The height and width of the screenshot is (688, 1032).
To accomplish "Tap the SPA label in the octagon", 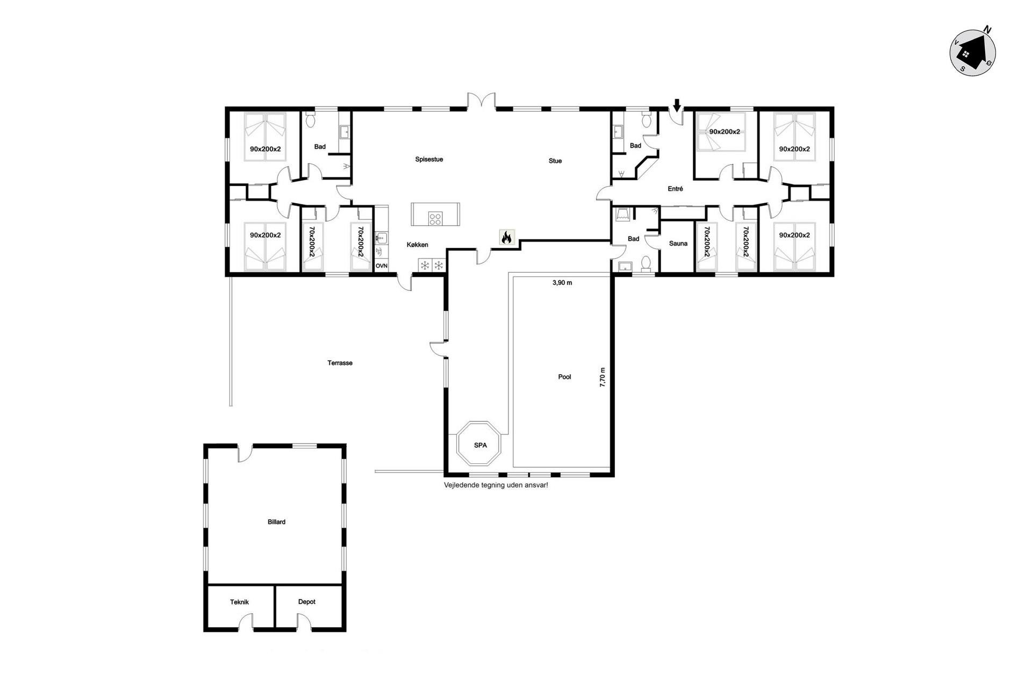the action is coord(481,445).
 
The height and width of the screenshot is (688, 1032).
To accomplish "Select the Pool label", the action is coord(564,377).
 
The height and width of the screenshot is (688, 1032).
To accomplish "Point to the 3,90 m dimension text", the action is coord(562,283).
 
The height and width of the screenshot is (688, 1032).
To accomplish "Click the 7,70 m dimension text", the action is coord(603,377).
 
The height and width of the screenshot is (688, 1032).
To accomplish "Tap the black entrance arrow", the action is coord(677,105).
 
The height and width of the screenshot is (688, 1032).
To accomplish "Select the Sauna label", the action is coord(678,243).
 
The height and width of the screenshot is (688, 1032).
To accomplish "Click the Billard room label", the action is coord(276,522).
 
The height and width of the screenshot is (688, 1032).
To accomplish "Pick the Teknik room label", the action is coord(240,602).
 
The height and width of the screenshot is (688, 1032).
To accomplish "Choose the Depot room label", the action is coord(307,602).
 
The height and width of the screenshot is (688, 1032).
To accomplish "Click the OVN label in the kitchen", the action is coord(382,266).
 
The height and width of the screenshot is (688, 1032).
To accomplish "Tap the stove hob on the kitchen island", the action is coord(435,219).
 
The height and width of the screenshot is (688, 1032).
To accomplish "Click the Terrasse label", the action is coord(340,363).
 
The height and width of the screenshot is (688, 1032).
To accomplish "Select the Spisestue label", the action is coord(429,160).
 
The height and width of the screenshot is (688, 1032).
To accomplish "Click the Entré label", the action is coord(676,189).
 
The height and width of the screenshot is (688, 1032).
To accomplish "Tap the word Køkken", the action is coord(418,245).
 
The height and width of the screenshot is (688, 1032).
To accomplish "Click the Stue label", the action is coord(555,161).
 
